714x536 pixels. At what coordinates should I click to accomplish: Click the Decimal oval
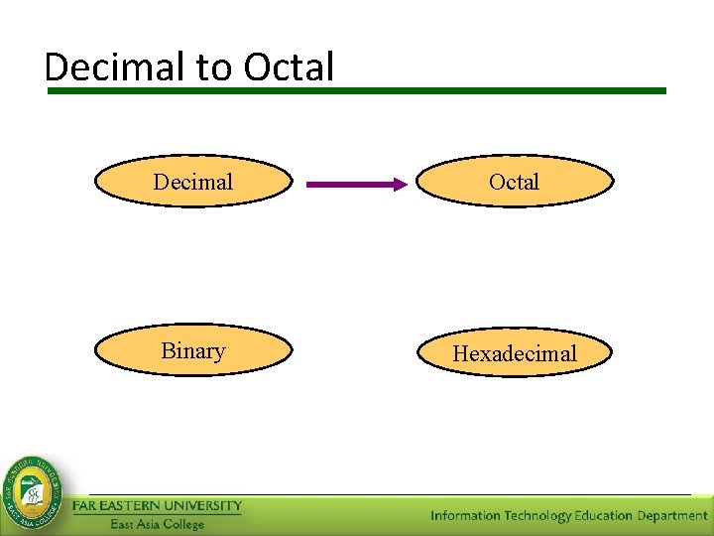(x=193, y=182)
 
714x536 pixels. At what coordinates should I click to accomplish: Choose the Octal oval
(x=514, y=182)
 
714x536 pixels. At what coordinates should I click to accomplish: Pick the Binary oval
(x=193, y=350)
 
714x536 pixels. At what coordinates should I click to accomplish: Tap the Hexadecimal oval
(x=514, y=353)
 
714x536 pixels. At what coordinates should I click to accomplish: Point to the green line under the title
(x=357, y=90)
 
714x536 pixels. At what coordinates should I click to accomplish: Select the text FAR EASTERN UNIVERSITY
(x=158, y=506)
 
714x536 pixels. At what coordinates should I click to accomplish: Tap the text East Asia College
(x=157, y=524)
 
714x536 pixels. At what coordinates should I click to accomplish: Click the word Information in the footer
(x=465, y=516)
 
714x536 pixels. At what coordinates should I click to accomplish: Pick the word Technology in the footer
(x=537, y=516)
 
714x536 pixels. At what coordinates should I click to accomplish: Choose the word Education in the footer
(x=605, y=516)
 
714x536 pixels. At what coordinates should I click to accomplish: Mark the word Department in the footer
(x=672, y=516)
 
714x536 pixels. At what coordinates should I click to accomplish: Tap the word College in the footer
(x=183, y=524)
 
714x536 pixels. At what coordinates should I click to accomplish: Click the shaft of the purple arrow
(x=347, y=184)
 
